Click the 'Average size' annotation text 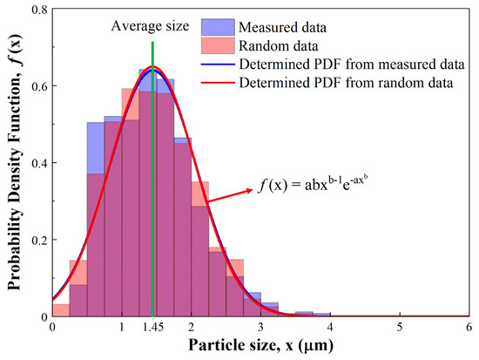tap(149, 25)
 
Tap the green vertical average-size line tap(152, 174)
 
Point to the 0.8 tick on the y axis tap(38, 10)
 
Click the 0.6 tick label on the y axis tap(38, 86)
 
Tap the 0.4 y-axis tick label tap(38, 163)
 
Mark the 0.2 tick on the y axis tap(38, 240)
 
